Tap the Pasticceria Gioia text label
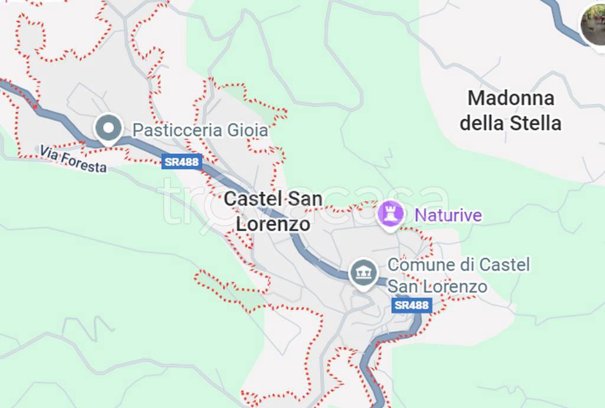pos(200,130)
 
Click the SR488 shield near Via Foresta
pos(182,161)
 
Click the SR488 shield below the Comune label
pos(412,305)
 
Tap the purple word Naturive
pos(448,215)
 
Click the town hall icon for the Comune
pos(363,273)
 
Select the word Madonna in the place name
pos(510,98)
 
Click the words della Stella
pos(510,124)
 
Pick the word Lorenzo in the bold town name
pos(273,224)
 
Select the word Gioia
pos(249,130)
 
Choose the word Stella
pos(536,124)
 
